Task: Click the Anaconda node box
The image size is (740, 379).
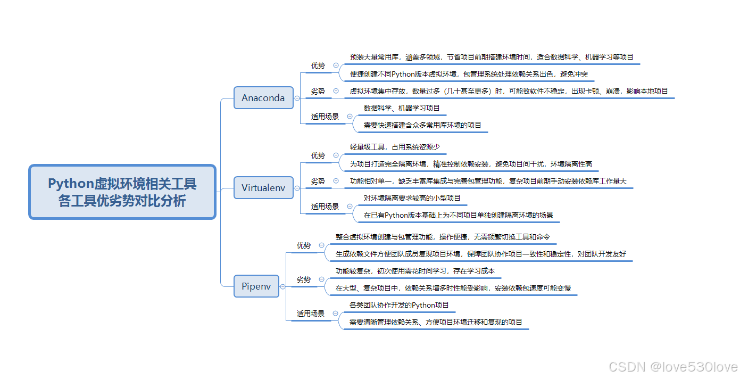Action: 263,98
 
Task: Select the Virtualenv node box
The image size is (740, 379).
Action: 263,188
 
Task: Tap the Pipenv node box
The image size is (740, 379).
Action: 256,286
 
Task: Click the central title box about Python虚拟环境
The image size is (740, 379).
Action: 122,192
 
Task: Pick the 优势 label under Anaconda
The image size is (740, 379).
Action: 318,65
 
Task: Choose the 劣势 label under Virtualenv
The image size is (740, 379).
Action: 318,181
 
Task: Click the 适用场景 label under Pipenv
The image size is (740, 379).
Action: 311,314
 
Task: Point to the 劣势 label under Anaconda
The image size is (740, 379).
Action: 318,91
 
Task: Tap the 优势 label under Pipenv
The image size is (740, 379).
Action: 304,245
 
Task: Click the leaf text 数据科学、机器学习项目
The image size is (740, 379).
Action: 402,108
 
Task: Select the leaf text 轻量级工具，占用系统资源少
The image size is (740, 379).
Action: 395,146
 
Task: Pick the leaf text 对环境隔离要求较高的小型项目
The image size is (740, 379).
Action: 412,198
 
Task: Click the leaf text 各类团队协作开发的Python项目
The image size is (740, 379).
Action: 399,305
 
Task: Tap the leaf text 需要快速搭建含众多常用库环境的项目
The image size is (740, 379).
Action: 422,125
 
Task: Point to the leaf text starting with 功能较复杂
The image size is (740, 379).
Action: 415,271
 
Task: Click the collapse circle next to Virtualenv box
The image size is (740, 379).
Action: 297,188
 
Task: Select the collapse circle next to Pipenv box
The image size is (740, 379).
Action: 282,286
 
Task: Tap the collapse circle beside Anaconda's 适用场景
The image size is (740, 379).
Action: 350,116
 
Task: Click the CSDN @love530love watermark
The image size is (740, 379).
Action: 673,367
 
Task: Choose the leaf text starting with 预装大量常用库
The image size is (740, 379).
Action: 491,57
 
